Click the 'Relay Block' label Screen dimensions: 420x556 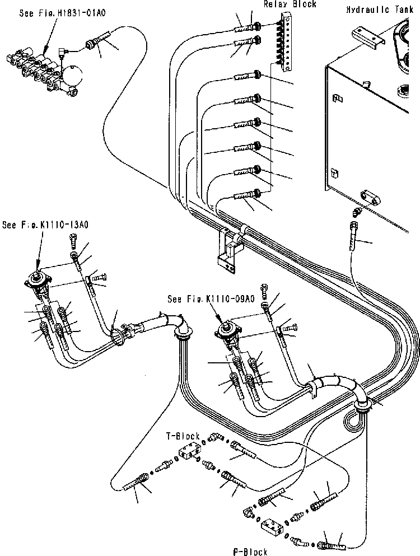point(290,4)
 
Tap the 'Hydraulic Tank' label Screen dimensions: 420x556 point(380,10)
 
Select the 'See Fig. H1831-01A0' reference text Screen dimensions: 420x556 point(62,13)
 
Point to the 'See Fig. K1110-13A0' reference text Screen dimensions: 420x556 point(45,225)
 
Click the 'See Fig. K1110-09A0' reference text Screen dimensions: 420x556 point(211,299)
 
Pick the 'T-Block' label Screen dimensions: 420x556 point(183,436)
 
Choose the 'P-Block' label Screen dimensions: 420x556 point(250,552)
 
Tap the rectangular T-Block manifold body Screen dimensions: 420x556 point(190,451)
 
